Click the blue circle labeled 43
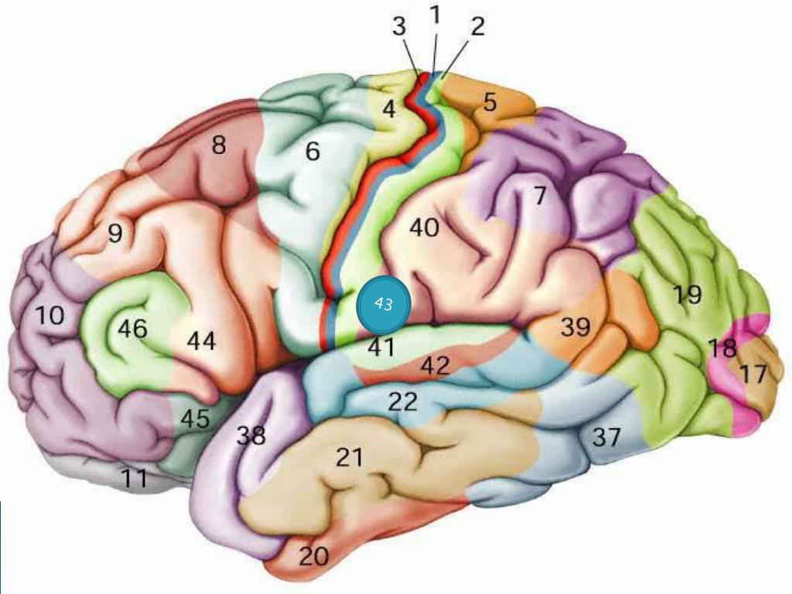382,304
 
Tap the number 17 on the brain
752,375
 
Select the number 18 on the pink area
722,349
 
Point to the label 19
687,295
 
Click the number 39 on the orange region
575,327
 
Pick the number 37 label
606,438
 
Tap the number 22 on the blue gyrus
402,401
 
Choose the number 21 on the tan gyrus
349,458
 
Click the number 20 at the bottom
313,556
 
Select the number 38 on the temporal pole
251,435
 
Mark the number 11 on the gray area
135,480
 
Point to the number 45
196,418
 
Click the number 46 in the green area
132,329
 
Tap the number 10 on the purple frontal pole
49,316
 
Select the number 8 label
219,145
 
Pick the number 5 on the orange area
490,102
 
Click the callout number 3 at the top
398,27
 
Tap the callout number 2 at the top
477,27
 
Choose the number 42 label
435,366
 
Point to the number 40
424,228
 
